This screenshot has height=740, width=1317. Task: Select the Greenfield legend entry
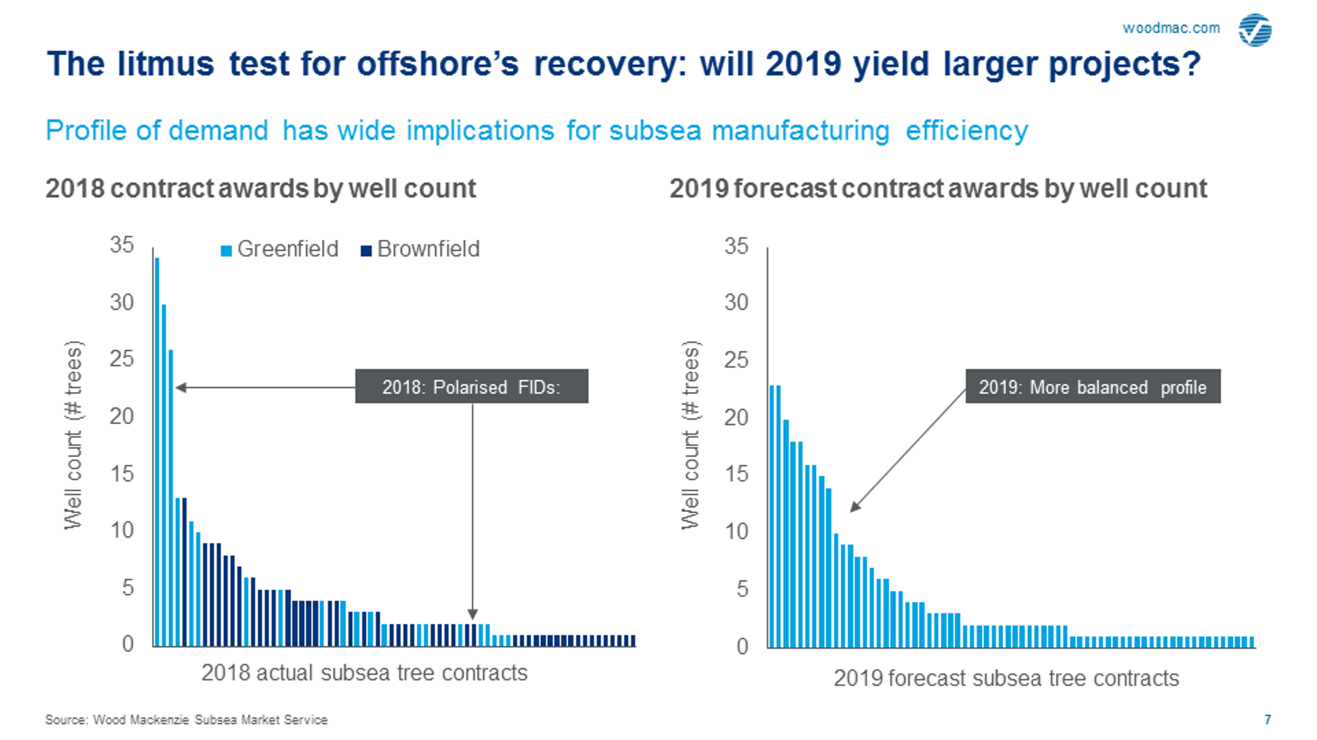point(279,249)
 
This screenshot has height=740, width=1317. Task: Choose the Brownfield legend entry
point(421,249)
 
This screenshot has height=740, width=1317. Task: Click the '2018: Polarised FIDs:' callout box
point(471,386)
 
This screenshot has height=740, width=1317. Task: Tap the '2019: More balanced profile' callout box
point(1092,386)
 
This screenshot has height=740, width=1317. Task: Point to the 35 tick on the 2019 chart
point(736,246)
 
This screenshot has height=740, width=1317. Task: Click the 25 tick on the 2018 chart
point(121,358)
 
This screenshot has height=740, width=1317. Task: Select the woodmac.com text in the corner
point(1171,28)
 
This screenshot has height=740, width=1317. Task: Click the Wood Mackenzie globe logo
point(1255,30)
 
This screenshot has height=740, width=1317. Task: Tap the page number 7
point(1268,720)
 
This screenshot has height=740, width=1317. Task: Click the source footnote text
point(187,720)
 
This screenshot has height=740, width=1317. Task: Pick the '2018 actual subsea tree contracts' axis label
point(364,672)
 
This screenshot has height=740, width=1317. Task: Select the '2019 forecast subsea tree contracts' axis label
point(1006,678)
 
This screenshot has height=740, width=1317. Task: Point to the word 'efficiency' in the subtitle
point(967,130)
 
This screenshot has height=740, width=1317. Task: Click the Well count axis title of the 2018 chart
point(73,434)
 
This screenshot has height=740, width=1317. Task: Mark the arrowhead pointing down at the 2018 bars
point(473,614)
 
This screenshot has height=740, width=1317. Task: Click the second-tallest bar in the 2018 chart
point(164,475)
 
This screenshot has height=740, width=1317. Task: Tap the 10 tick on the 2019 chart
point(736,531)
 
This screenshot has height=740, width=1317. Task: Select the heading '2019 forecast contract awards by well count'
point(938,189)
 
